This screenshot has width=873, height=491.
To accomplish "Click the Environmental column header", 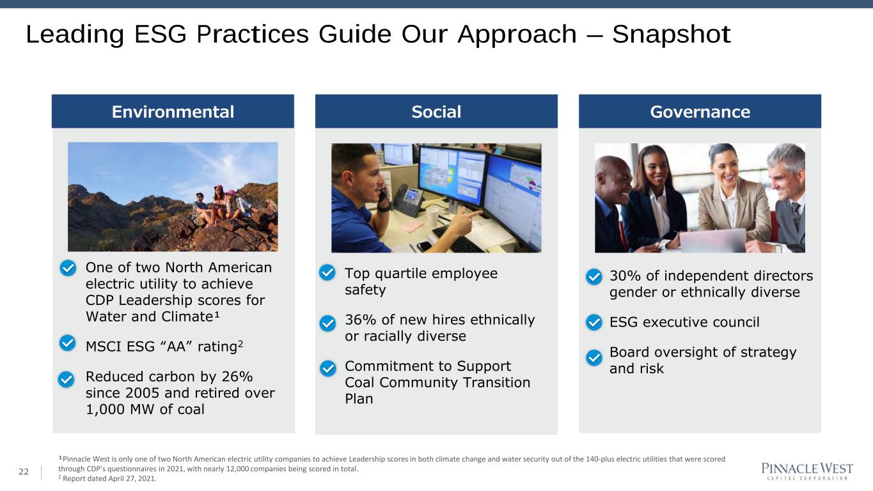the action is [173, 111].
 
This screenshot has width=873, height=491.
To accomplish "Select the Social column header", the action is [436, 111].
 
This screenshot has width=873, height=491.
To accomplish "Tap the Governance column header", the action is [700, 111].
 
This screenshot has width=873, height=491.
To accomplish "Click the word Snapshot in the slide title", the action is [671, 35].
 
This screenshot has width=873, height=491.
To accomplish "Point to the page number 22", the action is [24, 472].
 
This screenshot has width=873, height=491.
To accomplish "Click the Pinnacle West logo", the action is [807, 471].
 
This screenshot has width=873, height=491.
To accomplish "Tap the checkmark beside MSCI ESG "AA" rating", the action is [67, 343].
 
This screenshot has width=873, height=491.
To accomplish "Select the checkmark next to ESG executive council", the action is [594, 322].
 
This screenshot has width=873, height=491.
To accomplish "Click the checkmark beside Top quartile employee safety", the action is [327, 272].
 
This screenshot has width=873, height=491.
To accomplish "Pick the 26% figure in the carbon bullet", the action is [237, 377].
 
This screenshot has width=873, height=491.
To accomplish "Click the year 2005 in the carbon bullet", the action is [143, 393].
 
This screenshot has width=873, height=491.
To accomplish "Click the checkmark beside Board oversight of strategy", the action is [594, 357].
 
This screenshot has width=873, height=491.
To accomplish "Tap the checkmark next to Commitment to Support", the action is [327, 368].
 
